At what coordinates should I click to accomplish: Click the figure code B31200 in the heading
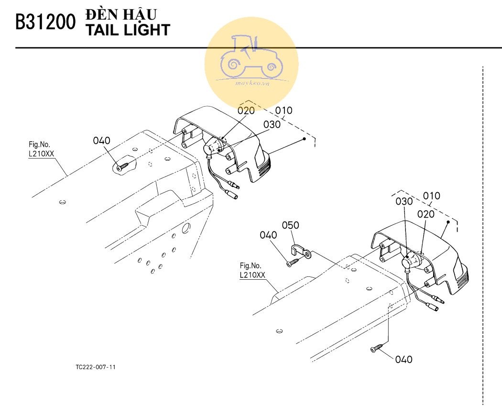[45, 22]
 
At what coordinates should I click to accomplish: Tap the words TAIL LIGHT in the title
[128, 30]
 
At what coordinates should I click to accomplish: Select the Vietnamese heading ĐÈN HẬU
[121, 14]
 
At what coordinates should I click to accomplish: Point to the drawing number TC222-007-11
[96, 367]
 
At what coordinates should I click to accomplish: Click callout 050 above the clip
[290, 225]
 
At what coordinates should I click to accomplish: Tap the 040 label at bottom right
[404, 359]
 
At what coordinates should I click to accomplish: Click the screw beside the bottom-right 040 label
[377, 348]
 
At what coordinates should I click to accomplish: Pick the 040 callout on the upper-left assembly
[101, 141]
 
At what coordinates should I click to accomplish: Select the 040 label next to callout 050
[268, 235]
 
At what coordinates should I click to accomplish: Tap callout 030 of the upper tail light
[272, 124]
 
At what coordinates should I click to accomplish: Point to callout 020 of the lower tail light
[426, 214]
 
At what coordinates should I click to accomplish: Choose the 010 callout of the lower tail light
[432, 196]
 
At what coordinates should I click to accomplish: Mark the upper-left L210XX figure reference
[41, 153]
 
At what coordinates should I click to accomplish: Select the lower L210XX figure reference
[252, 275]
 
